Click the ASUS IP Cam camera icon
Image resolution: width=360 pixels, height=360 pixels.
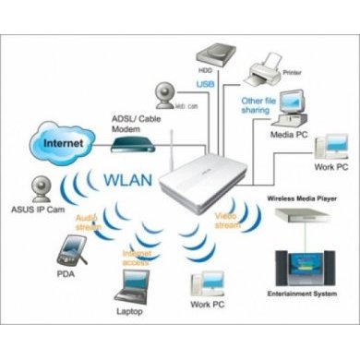point(39,188)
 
